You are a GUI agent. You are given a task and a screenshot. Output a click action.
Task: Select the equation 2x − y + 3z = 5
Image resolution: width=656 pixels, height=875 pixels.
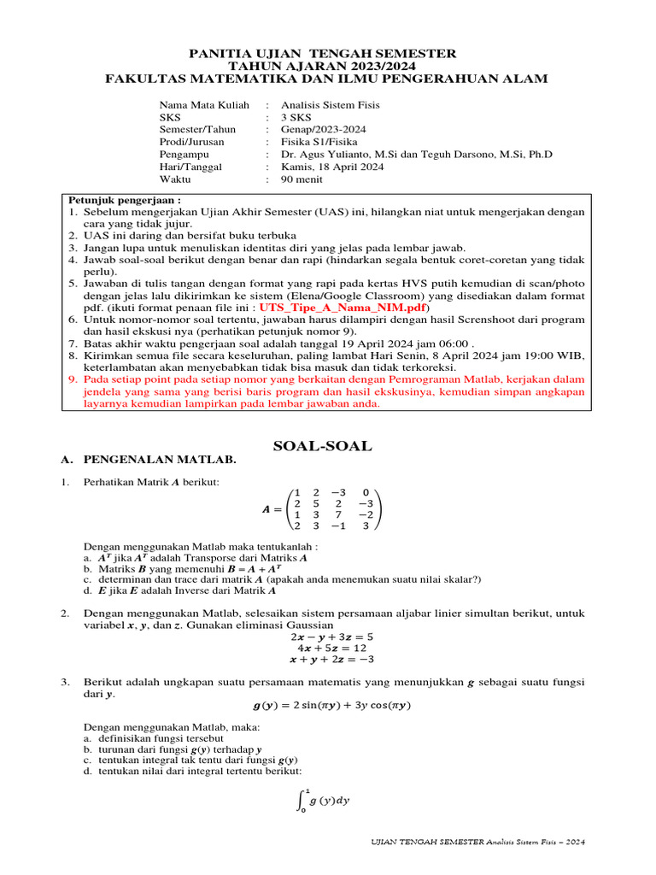[x=331, y=637]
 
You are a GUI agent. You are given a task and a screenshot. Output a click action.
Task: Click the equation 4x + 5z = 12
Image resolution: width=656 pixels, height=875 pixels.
[x=331, y=648]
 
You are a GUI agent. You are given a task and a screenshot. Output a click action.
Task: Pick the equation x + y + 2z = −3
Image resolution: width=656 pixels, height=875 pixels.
[x=331, y=659]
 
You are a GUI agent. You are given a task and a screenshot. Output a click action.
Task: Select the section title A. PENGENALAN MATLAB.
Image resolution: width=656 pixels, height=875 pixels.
[x=148, y=460]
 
